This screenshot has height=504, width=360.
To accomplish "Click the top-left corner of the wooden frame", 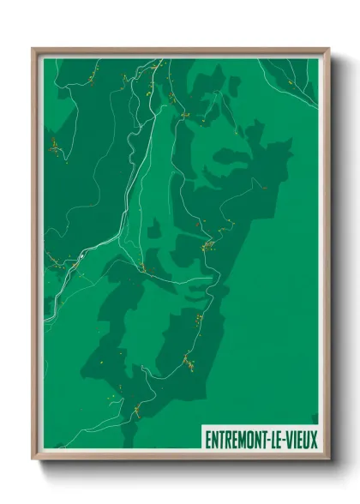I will point(33,48).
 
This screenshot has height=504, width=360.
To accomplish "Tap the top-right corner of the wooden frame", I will point(329,48).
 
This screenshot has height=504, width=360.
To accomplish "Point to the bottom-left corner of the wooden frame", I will point(33,460).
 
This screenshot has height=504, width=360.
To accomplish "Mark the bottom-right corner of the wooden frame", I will point(329,460).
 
